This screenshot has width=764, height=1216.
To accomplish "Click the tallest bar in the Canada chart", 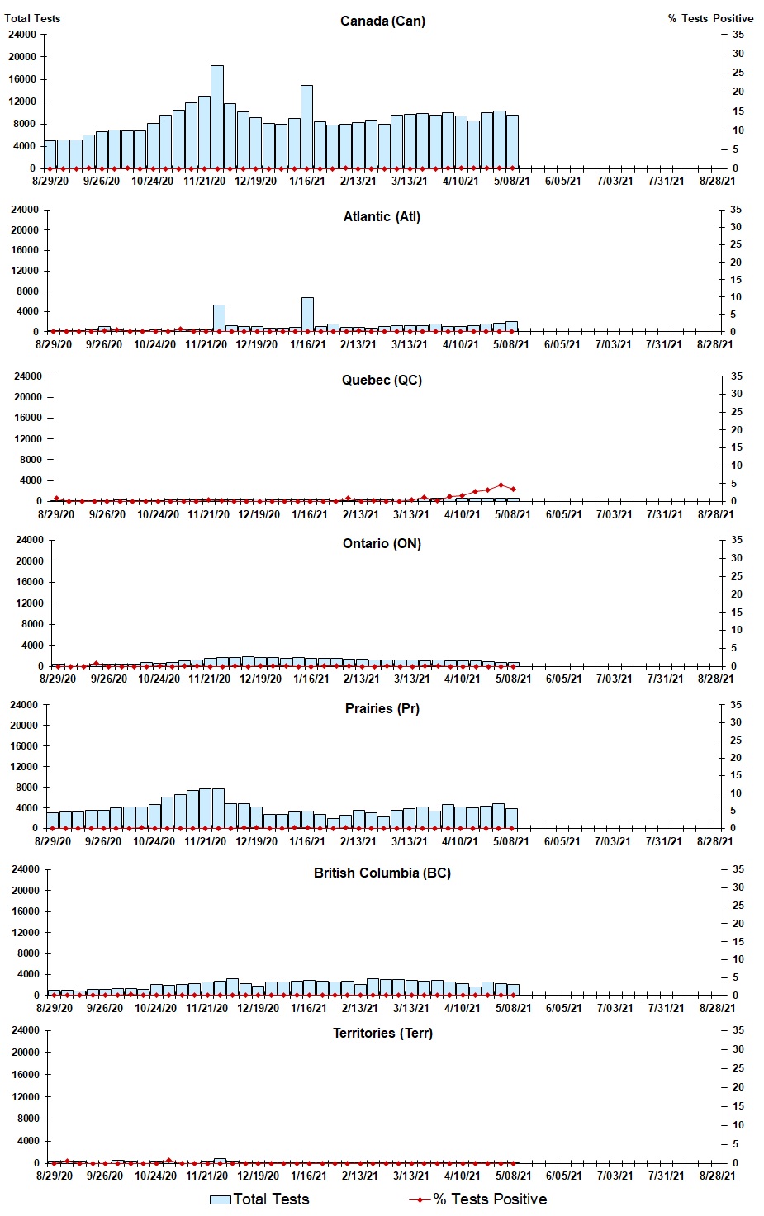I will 216,116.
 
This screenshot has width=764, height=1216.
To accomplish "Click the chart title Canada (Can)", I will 382,21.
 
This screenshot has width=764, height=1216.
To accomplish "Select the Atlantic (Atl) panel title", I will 382,216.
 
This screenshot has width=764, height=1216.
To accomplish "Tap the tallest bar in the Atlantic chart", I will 307,315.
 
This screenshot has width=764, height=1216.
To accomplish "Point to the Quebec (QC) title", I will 382,380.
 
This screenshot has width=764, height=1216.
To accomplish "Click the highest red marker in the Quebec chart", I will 501,485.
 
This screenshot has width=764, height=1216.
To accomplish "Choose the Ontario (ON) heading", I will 382,543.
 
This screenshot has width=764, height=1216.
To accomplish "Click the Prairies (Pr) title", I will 382,708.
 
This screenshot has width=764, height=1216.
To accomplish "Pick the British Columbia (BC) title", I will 382,873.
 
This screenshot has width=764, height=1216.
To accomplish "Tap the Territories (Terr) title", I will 382,1033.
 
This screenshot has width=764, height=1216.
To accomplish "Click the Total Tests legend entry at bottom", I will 259,1199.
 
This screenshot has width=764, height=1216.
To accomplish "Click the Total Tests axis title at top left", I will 32,18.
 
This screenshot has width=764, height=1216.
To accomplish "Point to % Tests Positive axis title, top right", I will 710,18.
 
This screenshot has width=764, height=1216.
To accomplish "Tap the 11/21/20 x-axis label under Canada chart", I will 204,181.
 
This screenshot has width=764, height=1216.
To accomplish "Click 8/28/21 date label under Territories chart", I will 715,1176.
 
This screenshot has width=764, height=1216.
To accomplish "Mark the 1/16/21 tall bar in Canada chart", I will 306,127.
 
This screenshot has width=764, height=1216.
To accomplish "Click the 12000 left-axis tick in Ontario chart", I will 27,603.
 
